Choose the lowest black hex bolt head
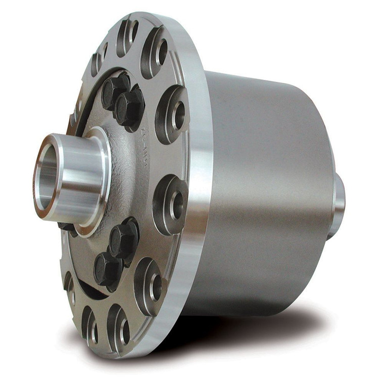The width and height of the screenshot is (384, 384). pos(107,267)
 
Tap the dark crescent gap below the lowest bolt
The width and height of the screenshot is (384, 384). pos(93,290)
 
